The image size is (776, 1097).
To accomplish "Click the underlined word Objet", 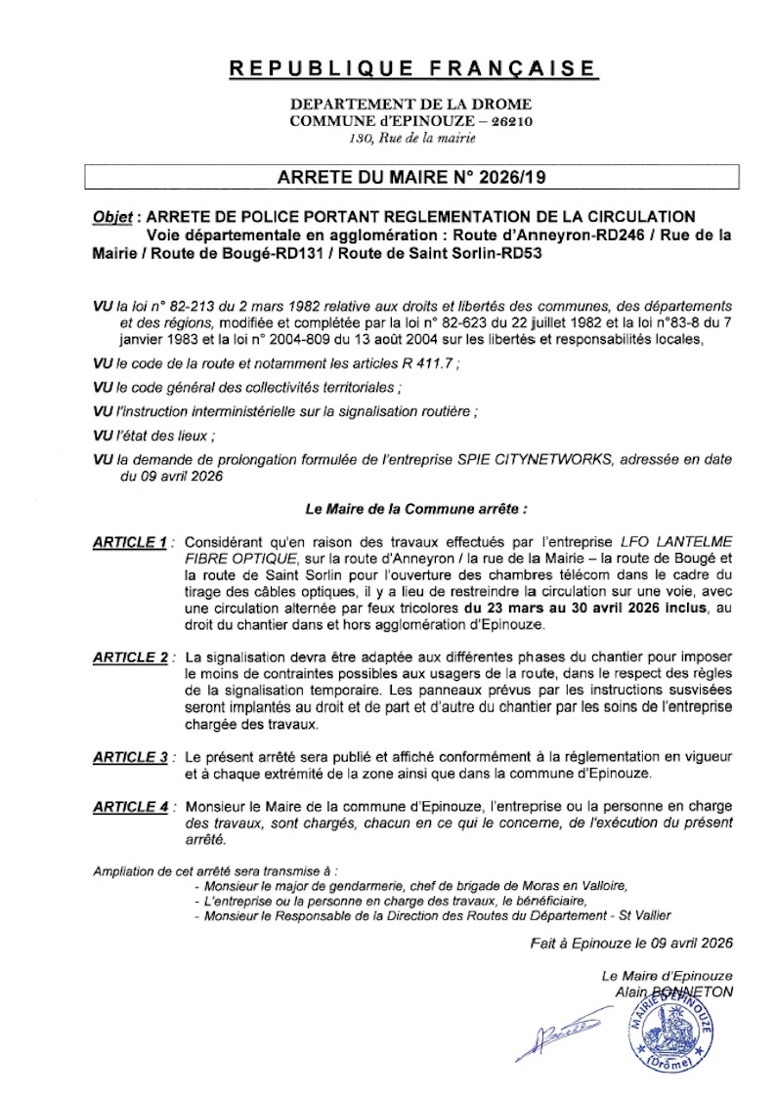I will pyautogui.click(x=112, y=216).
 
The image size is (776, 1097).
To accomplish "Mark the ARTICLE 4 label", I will pyautogui.click(x=130, y=807).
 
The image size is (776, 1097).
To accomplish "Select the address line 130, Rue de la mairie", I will pyautogui.click(x=412, y=138).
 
